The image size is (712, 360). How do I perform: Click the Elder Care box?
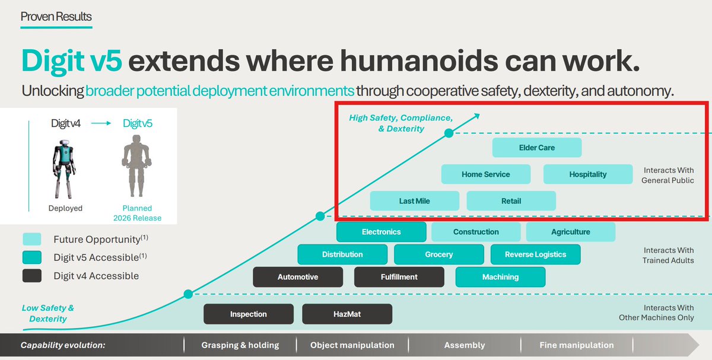(x=537, y=148)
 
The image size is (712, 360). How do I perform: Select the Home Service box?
(x=486, y=174)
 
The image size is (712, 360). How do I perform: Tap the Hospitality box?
(x=588, y=174)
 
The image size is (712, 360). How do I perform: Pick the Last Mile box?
(x=415, y=201)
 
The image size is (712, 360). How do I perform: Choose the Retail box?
(x=511, y=201)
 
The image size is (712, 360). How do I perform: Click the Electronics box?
(x=381, y=232)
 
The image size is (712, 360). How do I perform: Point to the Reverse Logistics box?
(x=536, y=254)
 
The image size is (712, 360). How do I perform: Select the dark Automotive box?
(x=298, y=277)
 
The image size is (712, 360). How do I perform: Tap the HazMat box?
(x=347, y=314)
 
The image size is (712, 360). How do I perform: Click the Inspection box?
(x=249, y=314)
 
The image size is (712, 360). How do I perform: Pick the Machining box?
(x=500, y=277)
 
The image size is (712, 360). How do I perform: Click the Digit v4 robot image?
(x=65, y=168)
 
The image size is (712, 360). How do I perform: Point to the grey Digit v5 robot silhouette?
(x=136, y=166)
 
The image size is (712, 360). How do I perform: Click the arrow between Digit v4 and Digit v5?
(x=101, y=123)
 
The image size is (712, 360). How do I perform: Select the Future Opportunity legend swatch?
(x=32, y=239)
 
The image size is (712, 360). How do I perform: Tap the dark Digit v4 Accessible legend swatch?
(x=32, y=276)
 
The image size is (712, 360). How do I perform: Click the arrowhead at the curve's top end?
(x=476, y=116)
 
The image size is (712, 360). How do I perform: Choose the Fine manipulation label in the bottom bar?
(x=577, y=345)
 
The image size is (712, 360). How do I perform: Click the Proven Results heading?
(x=56, y=17)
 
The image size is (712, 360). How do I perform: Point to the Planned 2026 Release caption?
(x=137, y=213)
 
